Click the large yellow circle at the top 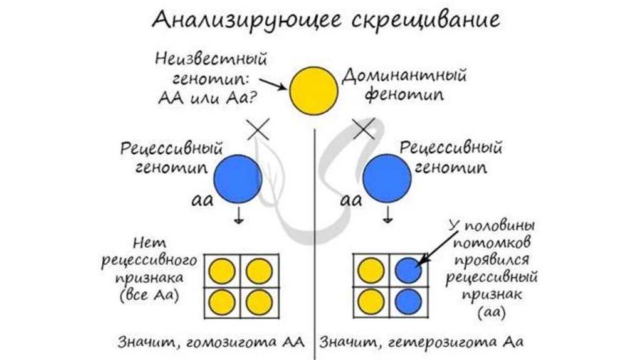point(313,92)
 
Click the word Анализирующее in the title point(239,20)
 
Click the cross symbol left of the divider point(258,130)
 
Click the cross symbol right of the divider point(366,130)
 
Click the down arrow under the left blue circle point(239,216)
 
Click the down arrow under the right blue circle point(388,216)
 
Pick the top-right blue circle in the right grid point(408,271)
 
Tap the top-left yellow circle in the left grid point(220,271)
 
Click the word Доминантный point(404,78)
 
